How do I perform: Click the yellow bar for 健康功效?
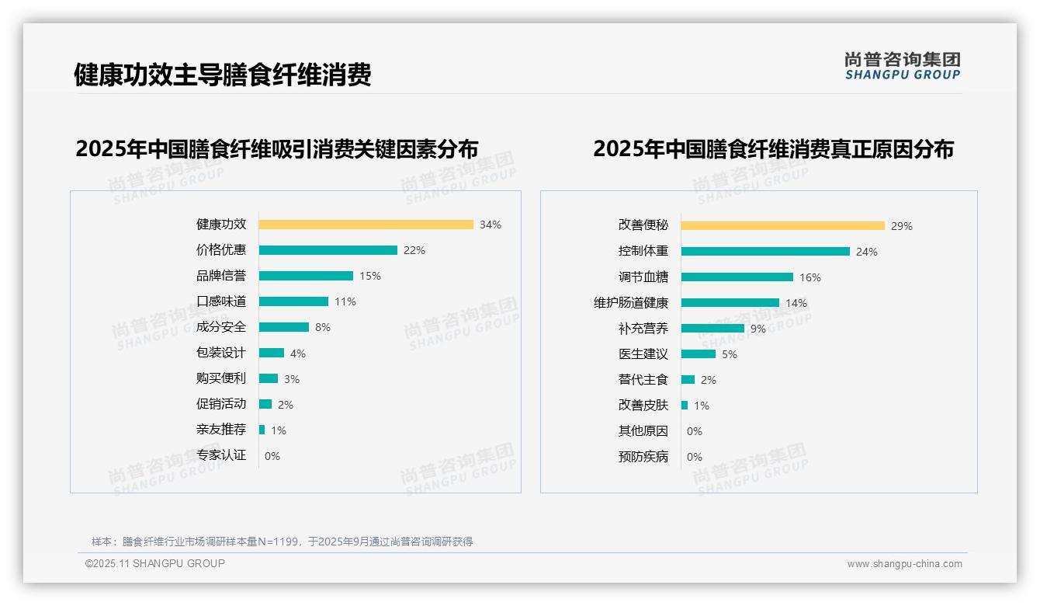(366, 225)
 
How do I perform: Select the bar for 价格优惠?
(328, 250)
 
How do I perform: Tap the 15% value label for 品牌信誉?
(370, 276)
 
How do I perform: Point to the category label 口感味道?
(221, 301)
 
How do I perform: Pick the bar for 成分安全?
(283, 327)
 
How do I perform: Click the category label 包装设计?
(221, 353)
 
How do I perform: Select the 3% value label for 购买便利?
(291, 379)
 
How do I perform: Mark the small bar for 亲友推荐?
(262, 430)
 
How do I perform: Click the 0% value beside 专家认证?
(272, 456)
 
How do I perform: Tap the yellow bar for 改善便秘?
(782, 226)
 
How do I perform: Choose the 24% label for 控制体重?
(867, 252)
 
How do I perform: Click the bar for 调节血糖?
(737, 277)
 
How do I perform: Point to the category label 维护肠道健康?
(631, 303)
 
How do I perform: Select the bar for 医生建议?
(698, 354)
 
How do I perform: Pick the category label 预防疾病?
(643, 457)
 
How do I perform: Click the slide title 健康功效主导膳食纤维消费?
(223, 75)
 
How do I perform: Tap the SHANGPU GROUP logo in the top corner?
(903, 66)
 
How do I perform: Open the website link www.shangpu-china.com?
(904, 564)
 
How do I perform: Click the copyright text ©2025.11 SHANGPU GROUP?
(155, 563)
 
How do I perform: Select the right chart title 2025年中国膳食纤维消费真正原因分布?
(773, 149)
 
